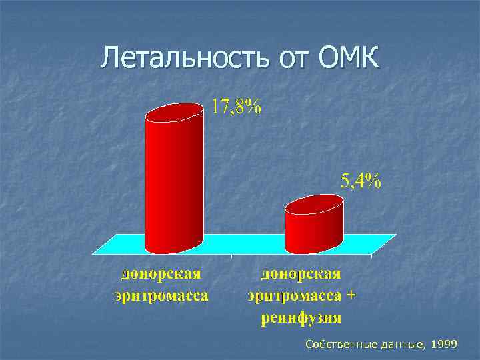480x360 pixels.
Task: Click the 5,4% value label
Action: point(361,181)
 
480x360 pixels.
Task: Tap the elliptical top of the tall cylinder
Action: point(174,113)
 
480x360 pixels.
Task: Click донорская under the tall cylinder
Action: point(161,274)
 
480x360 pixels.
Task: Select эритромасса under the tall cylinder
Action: point(161,295)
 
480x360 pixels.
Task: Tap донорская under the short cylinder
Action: point(301,274)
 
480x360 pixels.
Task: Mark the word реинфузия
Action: point(301,316)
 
